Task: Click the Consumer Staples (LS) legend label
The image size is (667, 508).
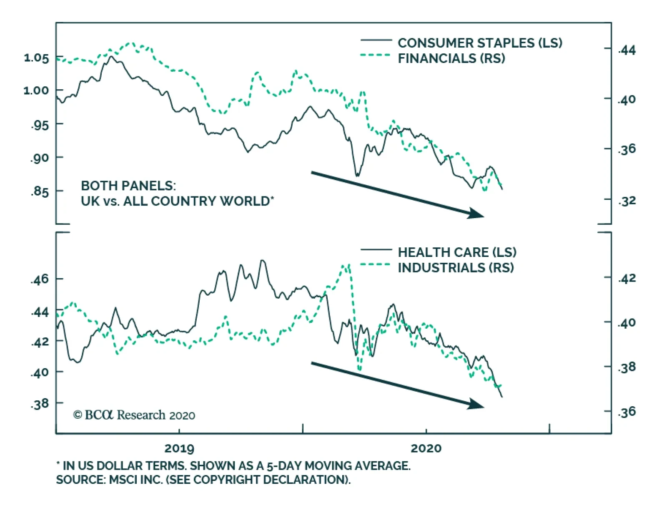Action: pos(480,43)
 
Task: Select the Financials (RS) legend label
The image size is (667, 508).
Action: pos(451,58)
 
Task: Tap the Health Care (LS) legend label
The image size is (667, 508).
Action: pos(457,252)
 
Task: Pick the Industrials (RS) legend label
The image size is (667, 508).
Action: pos(456,268)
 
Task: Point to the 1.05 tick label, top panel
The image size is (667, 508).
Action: pos(36,58)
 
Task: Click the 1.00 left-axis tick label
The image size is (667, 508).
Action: pos(36,91)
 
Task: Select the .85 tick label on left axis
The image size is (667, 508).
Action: pos(40,192)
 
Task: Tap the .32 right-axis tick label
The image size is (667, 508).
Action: pos(627,201)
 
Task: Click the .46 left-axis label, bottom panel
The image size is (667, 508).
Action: pos(40,279)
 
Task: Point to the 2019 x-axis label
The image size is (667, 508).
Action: pos(179,449)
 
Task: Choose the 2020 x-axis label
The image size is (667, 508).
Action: pos(426,449)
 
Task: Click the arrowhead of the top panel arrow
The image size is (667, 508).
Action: pos(476,214)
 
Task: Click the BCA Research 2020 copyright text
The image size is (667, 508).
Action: pos(134,415)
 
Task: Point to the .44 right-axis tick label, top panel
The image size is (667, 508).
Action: pos(627,50)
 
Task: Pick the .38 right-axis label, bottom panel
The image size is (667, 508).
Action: pos(627,367)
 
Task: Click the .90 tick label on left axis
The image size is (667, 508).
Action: pos(40,158)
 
